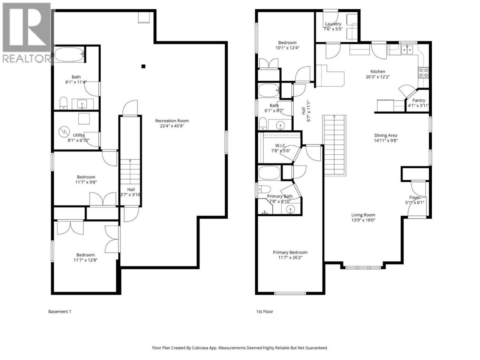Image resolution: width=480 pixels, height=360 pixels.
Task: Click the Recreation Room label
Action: click(172, 121)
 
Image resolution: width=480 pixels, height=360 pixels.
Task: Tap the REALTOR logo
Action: click(27, 33)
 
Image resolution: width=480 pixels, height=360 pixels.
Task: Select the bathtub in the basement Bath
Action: click(69, 54)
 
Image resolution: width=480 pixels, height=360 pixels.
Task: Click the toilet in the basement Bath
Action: click(63, 103)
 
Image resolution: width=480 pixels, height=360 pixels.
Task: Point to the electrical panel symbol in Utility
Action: click(64, 132)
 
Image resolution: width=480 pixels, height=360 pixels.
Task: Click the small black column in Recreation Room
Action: click(143, 66)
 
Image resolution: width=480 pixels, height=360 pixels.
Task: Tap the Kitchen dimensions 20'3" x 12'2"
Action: click(378, 77)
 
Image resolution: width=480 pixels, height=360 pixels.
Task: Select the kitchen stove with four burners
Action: click(423, 73)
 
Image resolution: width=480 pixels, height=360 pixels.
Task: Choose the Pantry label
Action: click(418, 100)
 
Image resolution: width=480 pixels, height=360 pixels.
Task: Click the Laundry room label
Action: click(333, 24)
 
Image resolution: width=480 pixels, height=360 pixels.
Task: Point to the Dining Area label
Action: click(385, 135)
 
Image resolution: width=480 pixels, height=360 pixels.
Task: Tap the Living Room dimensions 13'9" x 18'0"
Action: click(363, 220)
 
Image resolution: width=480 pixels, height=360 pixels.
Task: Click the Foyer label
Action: click(415, 197)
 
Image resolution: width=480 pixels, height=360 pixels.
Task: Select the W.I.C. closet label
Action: click(280, 145)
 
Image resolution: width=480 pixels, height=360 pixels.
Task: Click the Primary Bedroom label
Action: click(290, 252)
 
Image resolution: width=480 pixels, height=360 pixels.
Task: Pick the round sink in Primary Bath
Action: click(290, 209)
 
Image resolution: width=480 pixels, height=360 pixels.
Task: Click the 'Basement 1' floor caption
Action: click(60, 312)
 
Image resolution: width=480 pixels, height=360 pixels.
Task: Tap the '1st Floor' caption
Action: click(265, 312)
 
